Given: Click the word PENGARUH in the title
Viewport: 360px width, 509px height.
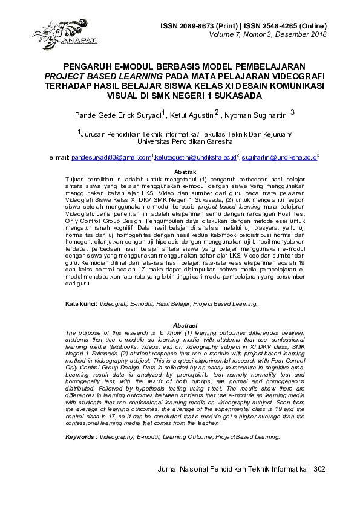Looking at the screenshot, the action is (89, 66).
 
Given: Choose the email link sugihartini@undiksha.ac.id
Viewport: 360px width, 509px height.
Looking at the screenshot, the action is (279, 158).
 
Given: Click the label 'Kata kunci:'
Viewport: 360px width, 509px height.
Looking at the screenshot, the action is (81, 304).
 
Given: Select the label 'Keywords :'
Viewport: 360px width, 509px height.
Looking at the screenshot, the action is (82, 436).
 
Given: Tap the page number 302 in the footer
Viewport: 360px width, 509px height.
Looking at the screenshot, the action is (320, 469).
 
